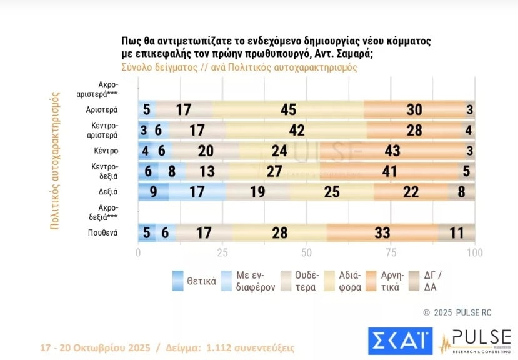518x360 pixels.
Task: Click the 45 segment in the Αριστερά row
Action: coord(288,110)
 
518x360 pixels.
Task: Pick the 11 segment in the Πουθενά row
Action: coord(456,233)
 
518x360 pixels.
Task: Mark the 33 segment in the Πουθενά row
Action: coord(381,233)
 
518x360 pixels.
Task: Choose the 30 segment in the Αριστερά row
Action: coord(414,110)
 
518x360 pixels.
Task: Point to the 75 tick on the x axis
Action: coord(391,253)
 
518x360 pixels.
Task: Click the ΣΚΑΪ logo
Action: coord(400,339)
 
